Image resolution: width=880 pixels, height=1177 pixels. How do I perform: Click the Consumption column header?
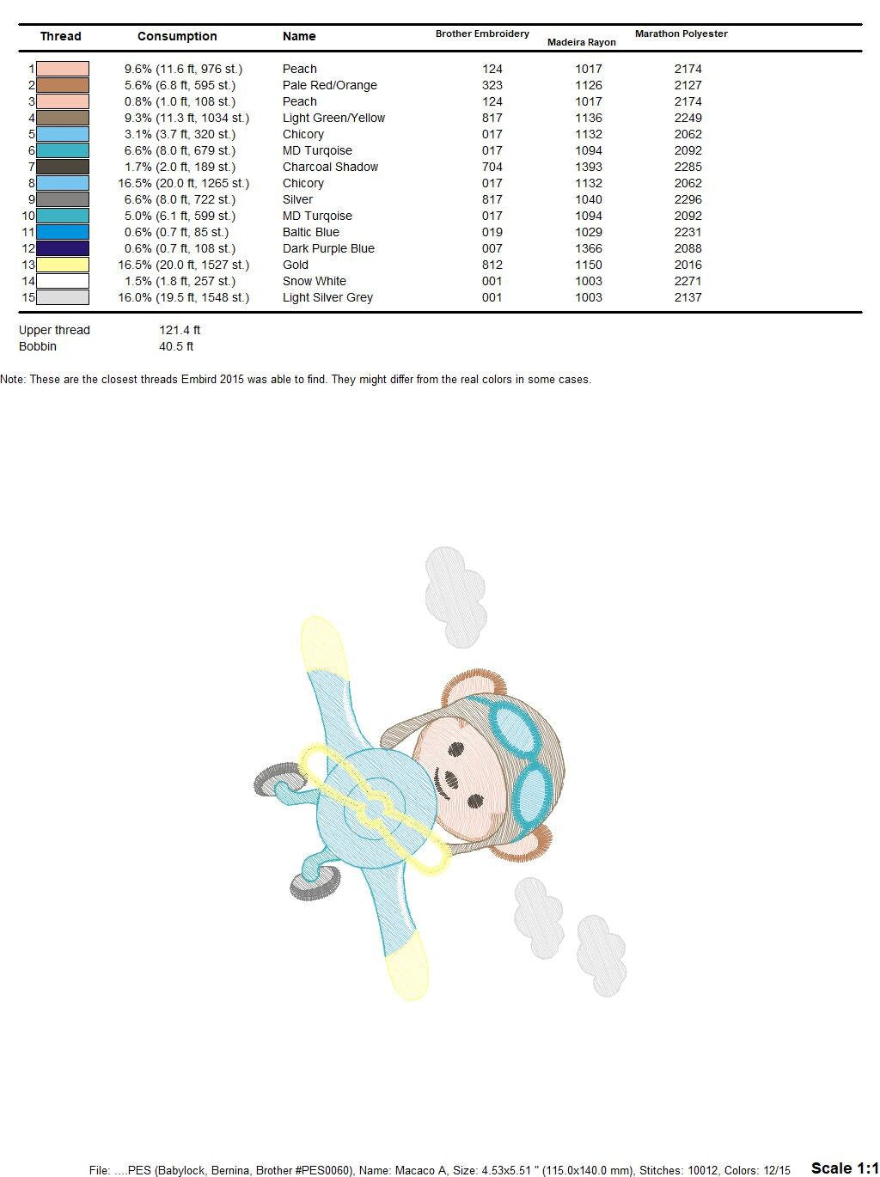(x=177, y=36)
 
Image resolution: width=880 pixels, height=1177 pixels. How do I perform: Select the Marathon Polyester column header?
(x=681, y=34)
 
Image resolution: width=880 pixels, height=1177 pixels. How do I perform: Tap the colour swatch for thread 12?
(x=63, y=248)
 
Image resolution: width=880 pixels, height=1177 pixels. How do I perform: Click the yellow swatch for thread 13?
(x=63, y=265)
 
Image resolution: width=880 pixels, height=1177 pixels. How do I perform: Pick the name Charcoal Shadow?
(x=330, y=167)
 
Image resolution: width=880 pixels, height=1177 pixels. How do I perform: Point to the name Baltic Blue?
(x=310, y=232)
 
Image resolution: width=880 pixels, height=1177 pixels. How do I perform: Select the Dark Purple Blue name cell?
(x=328, y=248)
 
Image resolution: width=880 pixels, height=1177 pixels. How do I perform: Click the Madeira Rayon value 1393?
(x=589, y=167)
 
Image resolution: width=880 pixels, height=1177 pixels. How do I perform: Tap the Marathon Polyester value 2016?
(x=687, y=265)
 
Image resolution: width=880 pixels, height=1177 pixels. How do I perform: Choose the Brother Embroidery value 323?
(x=492, y=85)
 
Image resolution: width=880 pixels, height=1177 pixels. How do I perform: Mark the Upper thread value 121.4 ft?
(x=180, y=330)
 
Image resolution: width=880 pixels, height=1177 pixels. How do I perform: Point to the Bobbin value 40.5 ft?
(x=176, y=346)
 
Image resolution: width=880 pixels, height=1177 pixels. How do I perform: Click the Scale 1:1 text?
(x=844, y=1168)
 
